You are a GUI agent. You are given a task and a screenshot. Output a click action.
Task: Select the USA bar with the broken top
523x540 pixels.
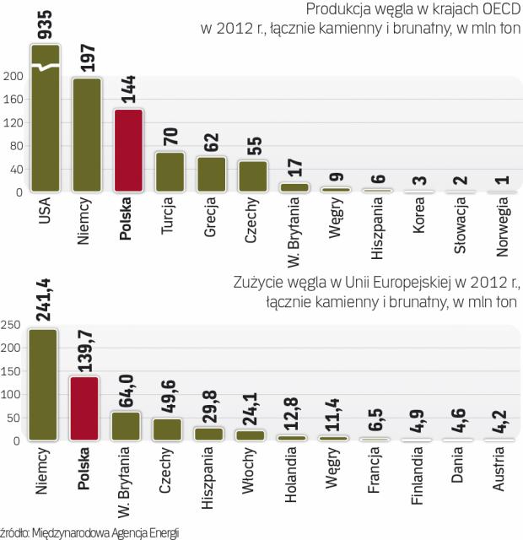tap(46, 118)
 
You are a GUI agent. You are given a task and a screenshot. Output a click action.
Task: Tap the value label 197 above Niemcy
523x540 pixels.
tap(88, 56)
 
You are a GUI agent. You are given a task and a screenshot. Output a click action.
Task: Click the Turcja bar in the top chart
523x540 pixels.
tap(170, 172)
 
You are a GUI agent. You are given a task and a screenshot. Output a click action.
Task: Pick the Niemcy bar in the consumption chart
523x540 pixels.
tap(43, 384)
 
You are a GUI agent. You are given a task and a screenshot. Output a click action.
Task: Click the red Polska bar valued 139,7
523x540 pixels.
tap(84, 408)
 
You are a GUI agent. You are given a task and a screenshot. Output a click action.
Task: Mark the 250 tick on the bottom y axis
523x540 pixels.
tap(12, 325)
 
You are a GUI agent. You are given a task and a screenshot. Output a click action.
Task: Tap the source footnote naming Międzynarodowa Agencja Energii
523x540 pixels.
tap(91, 532)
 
